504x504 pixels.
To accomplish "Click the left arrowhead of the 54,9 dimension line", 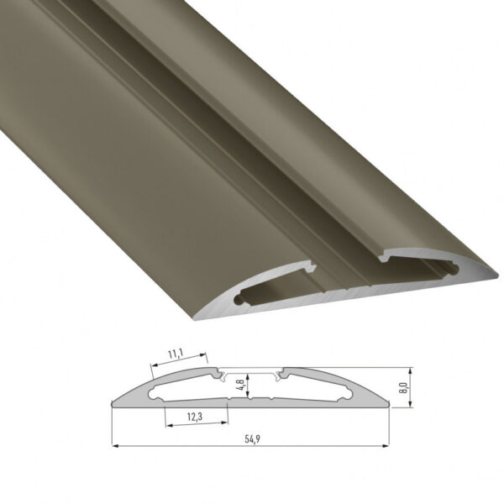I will click(x=115, y=445).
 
